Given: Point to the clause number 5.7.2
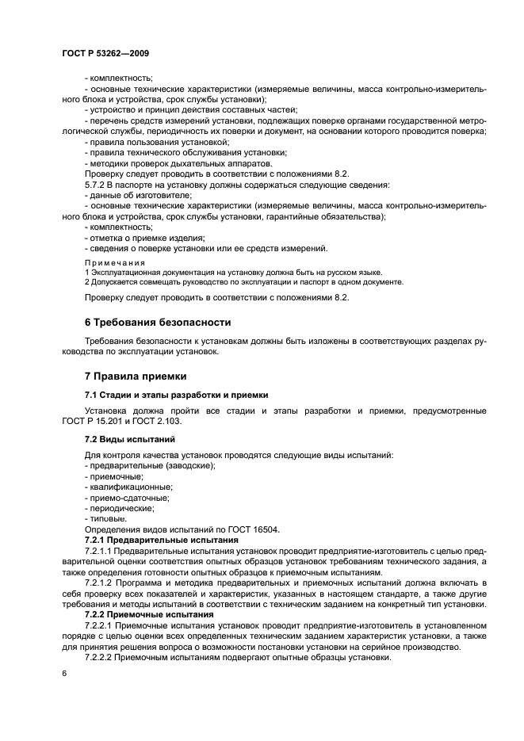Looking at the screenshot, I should point(96,185).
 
